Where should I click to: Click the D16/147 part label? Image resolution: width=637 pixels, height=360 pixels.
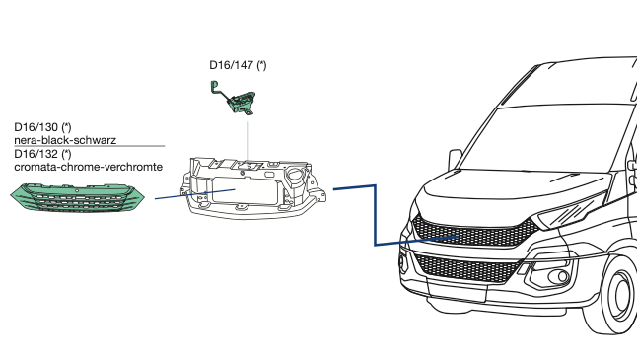(238, 65)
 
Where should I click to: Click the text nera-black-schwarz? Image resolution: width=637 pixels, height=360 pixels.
(65, 140)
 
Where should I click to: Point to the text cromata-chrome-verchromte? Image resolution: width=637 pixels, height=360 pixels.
(88, 167)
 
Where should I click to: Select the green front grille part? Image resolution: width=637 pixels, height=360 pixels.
(77, 197)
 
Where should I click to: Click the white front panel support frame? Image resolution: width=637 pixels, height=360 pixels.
(252, 188)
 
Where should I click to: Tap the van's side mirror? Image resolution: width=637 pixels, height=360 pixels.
(455, 159)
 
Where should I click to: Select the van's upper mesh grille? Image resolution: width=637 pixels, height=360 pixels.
(474, 233)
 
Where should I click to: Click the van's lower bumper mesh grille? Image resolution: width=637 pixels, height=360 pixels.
(467, 267)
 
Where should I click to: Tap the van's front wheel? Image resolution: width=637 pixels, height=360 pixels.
(614, 295)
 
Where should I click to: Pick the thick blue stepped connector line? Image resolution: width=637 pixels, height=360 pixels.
(375, 215)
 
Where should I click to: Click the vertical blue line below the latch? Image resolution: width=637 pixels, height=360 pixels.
(248, 143)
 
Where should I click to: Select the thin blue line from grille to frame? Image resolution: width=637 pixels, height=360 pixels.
(195, 194)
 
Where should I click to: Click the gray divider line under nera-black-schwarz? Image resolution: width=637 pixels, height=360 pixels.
(90, 146)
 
